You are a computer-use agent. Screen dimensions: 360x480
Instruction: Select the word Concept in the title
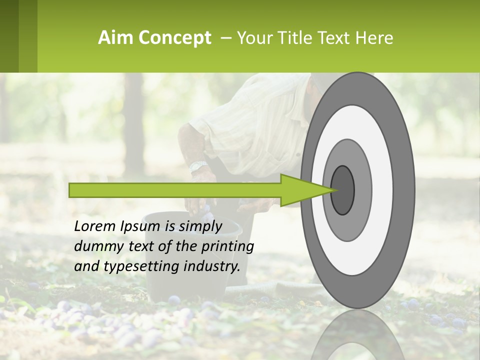pyautogui.click(x=174, y=38)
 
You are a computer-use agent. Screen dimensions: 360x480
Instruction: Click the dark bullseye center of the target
pyautogui.click(x=343, y=190)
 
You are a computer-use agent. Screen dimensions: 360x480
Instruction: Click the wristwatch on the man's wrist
pyautogui.click(x=198, y=166)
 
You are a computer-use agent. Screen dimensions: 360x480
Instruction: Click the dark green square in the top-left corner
pyautogui.click(x=9, y=36)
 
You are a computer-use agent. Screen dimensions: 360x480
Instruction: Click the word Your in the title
pyautogui.click(x=252, y=38)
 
